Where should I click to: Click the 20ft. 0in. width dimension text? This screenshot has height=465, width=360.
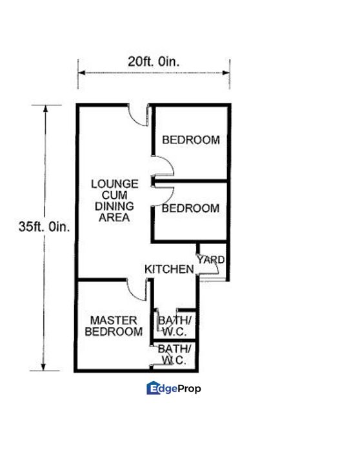(x=154, y=62)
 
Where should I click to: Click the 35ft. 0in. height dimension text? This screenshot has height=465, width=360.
(x=45, y=227)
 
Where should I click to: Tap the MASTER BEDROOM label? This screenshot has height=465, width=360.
(x=114, y=326)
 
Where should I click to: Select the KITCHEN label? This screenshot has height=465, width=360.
(x=169, y=269)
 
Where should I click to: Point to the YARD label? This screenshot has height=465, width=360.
(x=211, y=260)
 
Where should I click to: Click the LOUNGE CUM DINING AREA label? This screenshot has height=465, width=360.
(x=114, y=201)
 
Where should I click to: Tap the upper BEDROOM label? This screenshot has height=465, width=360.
(x=191, y=140)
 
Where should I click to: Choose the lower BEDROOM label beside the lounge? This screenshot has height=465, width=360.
(x=190, y=209)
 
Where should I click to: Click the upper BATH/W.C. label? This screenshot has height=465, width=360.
(x=175, y=326)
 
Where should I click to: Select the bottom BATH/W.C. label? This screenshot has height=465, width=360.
(x=174, y=355)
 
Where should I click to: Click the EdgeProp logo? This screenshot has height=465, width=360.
(x=174, y=388)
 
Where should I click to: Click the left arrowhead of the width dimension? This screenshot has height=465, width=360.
(x=81, y=72)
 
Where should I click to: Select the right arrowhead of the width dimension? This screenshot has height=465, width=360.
(x=226, y=72)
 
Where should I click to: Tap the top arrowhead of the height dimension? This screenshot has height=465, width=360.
(x=45, y=108)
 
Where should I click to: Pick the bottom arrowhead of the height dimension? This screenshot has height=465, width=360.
(x=44, y=367)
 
